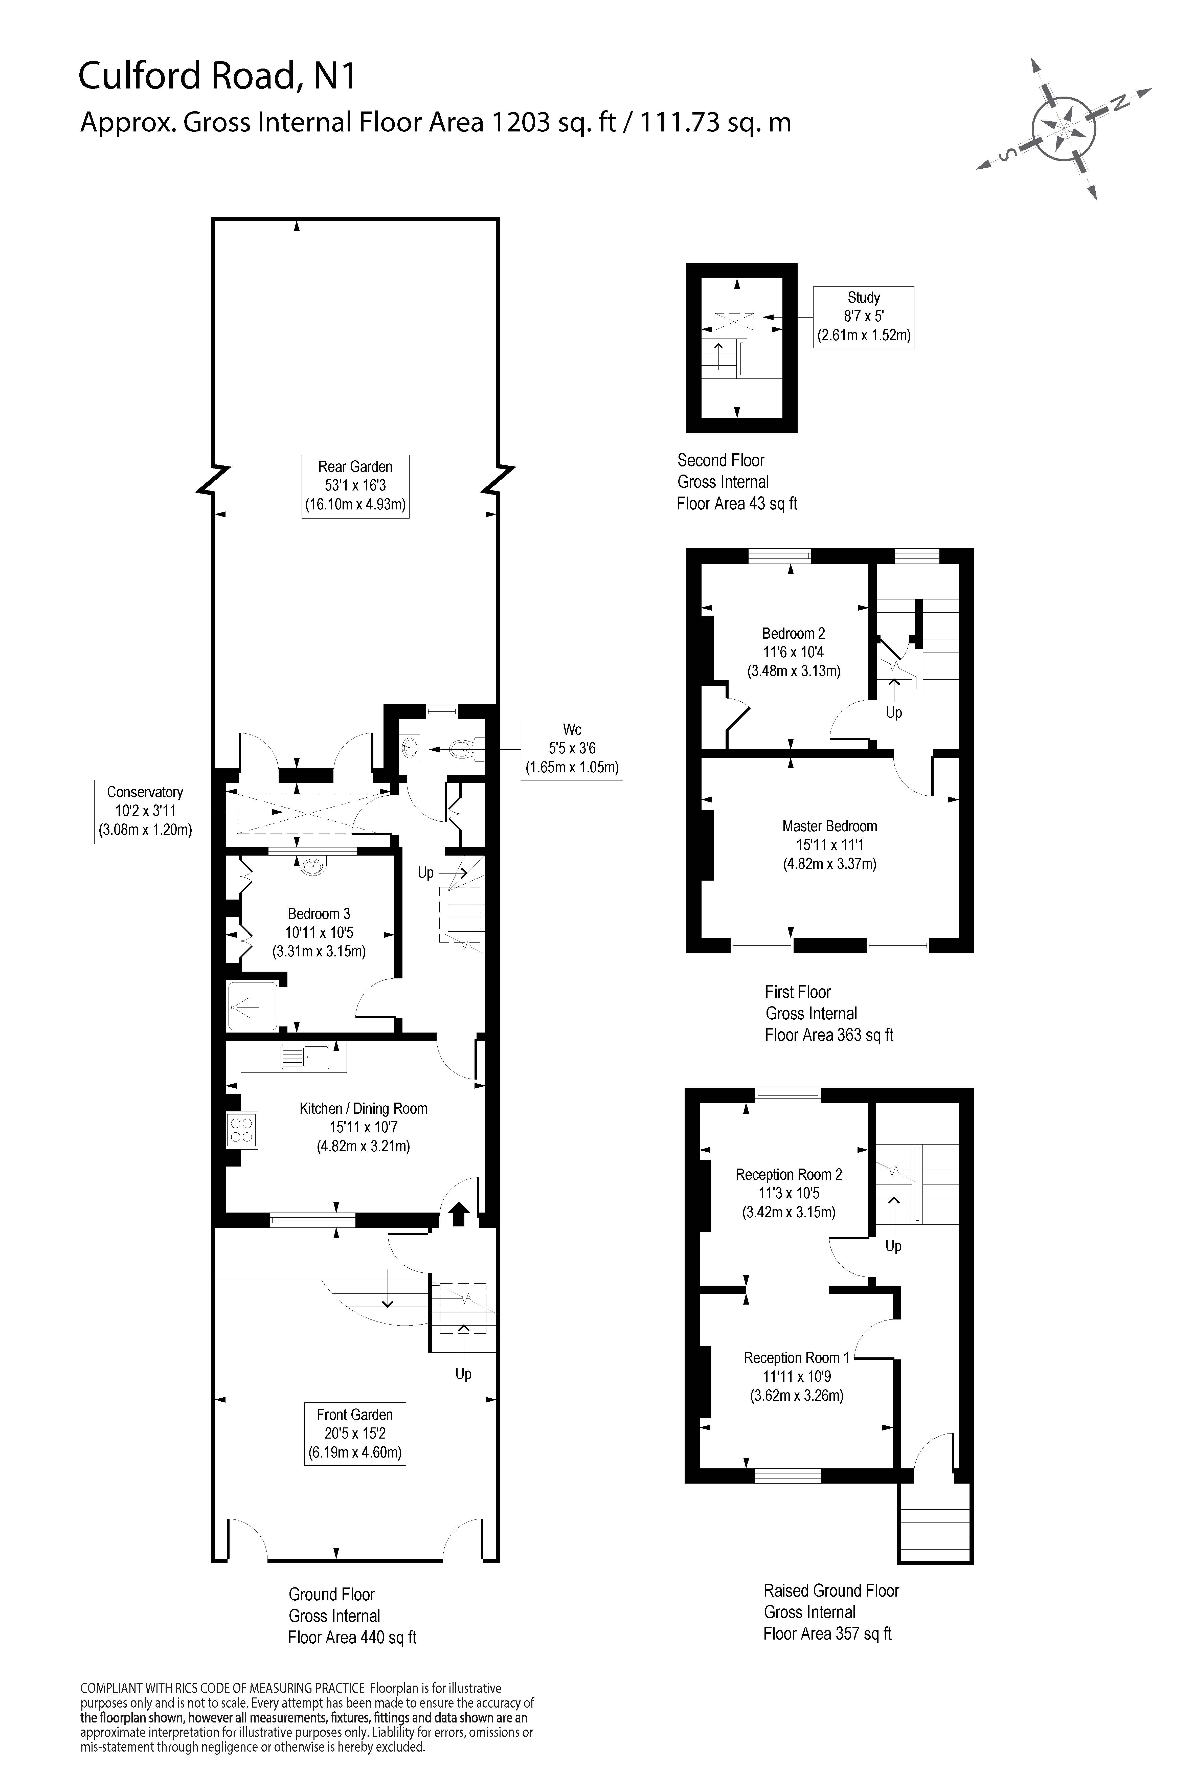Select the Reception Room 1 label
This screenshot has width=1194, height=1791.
[x=797, y=1376]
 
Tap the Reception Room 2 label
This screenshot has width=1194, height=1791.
[x=789, y=1193]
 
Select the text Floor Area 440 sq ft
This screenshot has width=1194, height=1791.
[x=352, y=1637]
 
